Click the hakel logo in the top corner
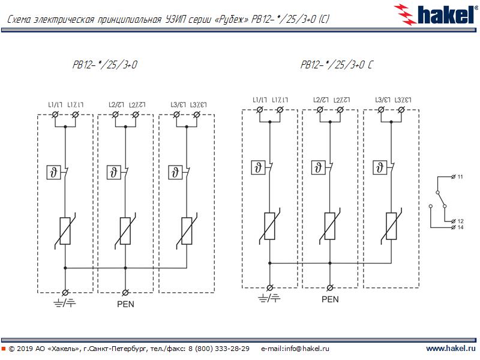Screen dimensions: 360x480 click(436, 14)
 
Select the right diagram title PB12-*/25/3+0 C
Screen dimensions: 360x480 click(337, 65)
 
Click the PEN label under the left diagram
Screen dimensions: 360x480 click(125, 304)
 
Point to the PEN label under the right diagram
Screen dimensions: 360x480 click(330, 299)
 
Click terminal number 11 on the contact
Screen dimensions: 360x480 click(460, 178)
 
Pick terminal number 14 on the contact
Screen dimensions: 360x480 click(460, 227)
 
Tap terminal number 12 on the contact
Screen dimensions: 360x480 click(460, 221)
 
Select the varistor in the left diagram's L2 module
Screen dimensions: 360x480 click(125, 231)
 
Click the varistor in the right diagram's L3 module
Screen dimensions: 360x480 click(391, 226)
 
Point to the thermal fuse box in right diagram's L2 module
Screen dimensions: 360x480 click(318, 167)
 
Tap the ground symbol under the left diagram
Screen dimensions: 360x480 click(64, 304)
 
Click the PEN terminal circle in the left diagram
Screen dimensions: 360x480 click(125, 292)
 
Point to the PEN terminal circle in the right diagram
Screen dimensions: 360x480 click(330, 287)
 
